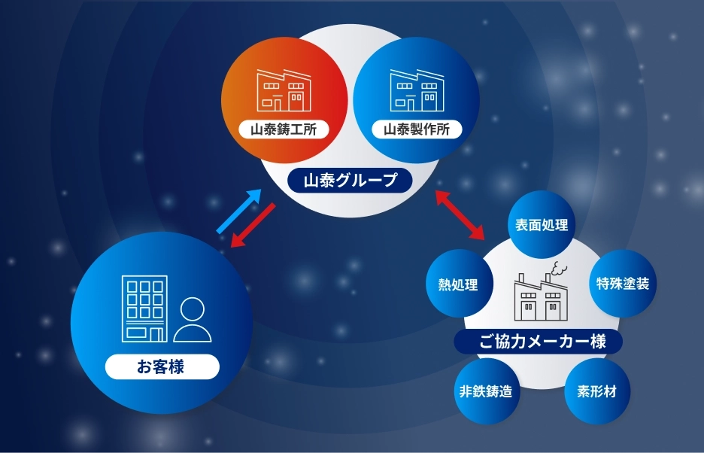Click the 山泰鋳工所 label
tap(284, 129)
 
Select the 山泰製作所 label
tap(417, 129)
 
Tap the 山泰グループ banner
tap(350, 180)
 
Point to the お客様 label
tap(162, 366)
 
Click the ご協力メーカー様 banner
tap(538, 342)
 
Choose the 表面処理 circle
tap(541, 224)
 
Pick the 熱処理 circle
tap(459, 284)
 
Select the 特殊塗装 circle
tap(623, 283)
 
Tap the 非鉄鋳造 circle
tap(485, 391)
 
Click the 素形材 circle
tap(596, 391)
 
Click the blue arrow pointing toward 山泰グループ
tap(239, 211)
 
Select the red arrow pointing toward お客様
tap(253, 226)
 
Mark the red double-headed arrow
tap(460, 214)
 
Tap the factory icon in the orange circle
tap(284, 90)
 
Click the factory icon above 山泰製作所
tap(417, 90)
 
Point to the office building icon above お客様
tap(144, 309)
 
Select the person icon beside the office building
tap(192, 320)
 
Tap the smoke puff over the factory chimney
tap(559, 269)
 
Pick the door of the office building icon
tap(156, 335)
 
